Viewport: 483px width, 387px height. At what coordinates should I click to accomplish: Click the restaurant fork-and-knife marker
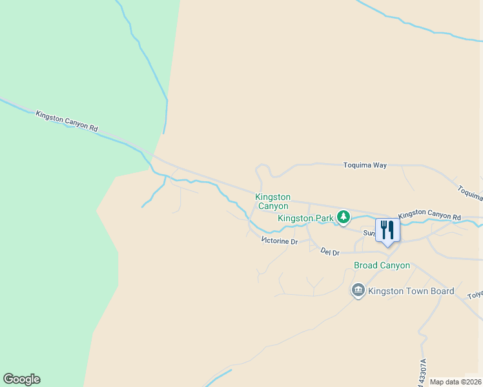387,230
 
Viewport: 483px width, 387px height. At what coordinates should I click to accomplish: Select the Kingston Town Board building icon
358,291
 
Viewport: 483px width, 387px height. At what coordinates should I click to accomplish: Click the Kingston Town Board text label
411,291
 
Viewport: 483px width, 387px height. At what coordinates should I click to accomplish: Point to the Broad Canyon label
382,265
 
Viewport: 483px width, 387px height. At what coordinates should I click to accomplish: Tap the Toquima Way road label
364,165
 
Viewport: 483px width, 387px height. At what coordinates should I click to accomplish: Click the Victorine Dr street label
280,241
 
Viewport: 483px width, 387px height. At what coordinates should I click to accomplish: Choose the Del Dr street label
330,252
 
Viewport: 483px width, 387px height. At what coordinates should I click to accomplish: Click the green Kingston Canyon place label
273,201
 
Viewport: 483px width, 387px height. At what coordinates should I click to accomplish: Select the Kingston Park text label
305,218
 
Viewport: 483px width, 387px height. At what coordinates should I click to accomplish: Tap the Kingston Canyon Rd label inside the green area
67,121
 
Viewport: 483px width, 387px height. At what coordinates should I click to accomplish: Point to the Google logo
21,379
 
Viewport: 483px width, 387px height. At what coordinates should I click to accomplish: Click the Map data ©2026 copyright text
455,382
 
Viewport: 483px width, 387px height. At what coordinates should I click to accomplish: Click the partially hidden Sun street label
369,232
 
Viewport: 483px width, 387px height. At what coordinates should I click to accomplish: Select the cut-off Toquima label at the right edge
470,192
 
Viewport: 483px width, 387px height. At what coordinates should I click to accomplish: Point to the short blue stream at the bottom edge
218,377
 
